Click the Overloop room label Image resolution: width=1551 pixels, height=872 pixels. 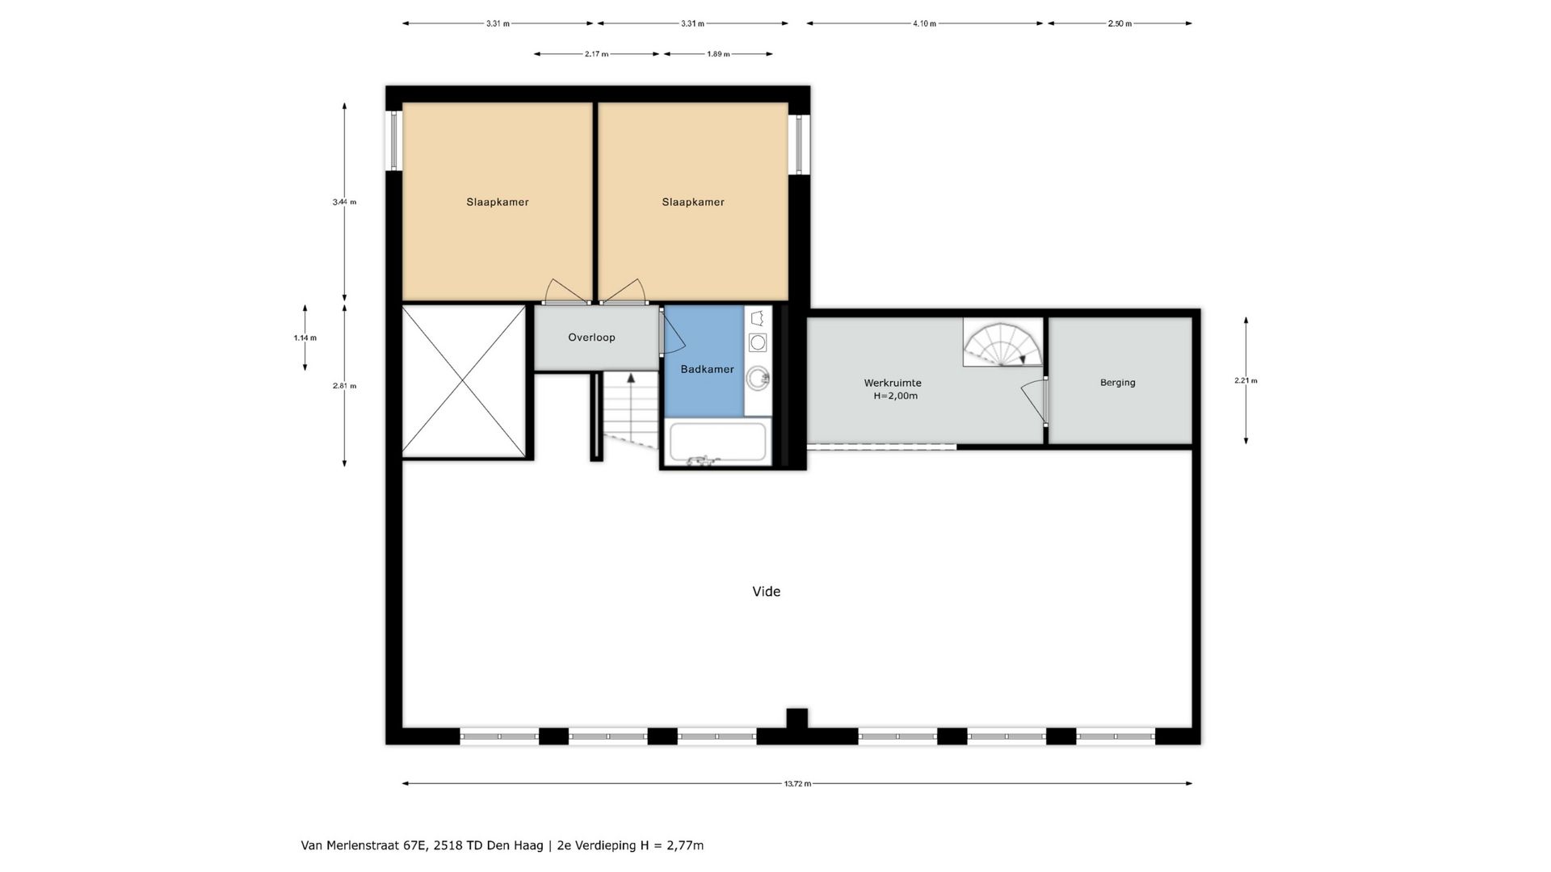click(591, 337)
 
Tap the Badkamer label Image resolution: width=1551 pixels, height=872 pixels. click(707, 369)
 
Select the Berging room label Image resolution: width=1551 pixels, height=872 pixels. click(1117, 383)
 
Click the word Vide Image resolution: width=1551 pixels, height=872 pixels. click(766, 591)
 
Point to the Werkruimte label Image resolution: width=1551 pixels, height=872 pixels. click(893, 383)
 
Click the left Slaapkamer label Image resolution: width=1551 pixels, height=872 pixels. click(497, 202)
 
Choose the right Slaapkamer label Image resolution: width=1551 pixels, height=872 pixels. click(693, 202)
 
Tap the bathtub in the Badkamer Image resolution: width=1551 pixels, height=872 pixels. click(717, 442)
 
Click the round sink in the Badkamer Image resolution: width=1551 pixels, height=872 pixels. click(758, 377)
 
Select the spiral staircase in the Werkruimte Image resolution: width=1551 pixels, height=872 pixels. click(1002, 342)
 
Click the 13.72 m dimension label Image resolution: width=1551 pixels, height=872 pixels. click(797, 783)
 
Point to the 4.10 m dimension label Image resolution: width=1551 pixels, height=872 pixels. click(925, 23)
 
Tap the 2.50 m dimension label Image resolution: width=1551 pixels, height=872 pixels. click(1120, 23)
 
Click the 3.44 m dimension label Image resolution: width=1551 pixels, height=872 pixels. click(344, 202)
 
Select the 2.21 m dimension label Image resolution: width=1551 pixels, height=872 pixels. click(1246, 380)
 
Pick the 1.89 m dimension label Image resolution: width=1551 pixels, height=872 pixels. click(718, 54)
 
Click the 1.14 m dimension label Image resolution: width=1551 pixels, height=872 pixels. click(305, 337)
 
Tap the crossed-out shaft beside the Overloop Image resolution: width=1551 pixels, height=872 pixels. click(464, 381)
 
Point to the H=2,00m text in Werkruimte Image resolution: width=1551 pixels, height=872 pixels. click(896, 396)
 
